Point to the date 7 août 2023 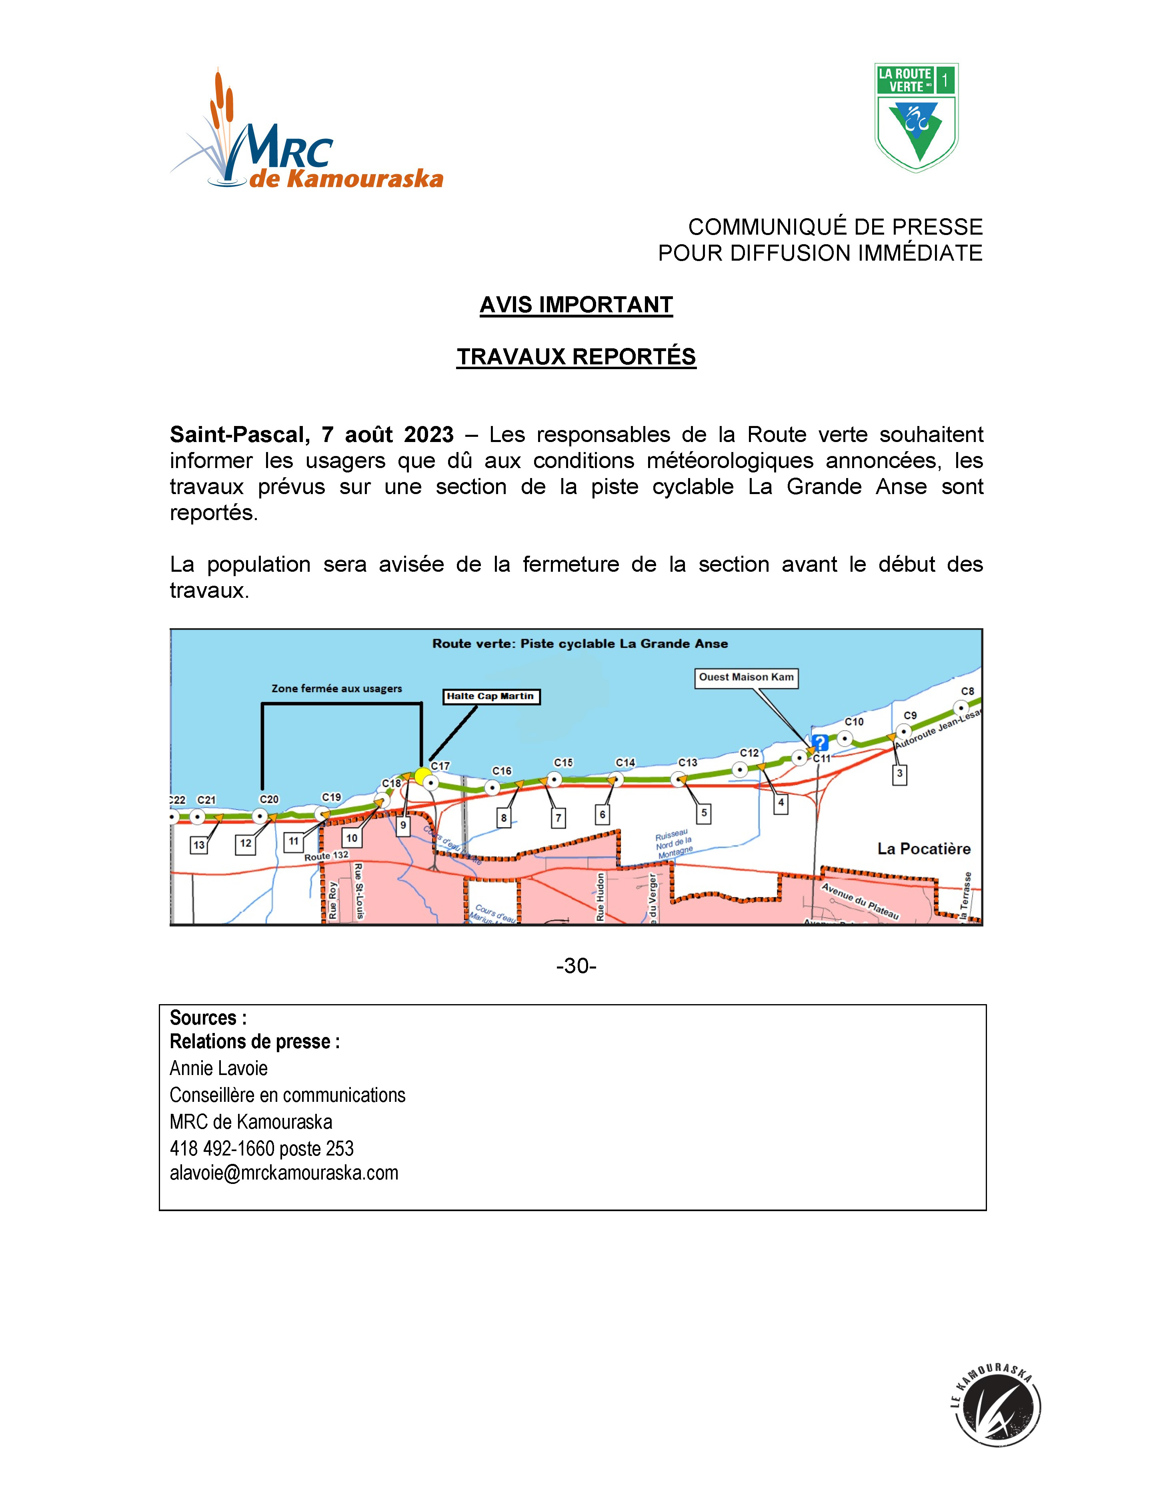387,434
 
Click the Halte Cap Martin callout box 490,696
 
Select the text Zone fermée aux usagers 336,689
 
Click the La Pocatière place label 923,849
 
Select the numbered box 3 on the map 899,774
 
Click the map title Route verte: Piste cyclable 580,643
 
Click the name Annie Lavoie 219,1068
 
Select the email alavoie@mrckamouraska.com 284,1173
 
